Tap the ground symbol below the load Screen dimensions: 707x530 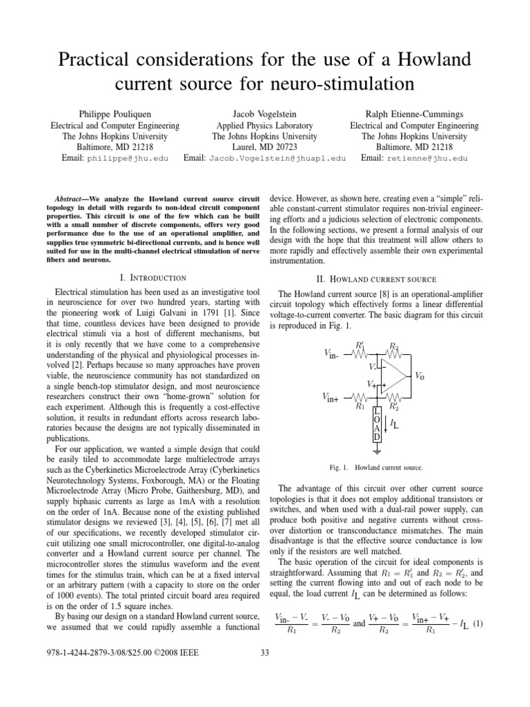pyautogui.click(x=377, y=452)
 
